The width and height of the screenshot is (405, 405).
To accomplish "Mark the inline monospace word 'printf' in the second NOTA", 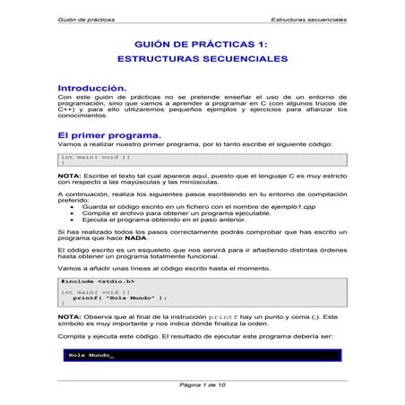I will (x=222, y=317).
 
